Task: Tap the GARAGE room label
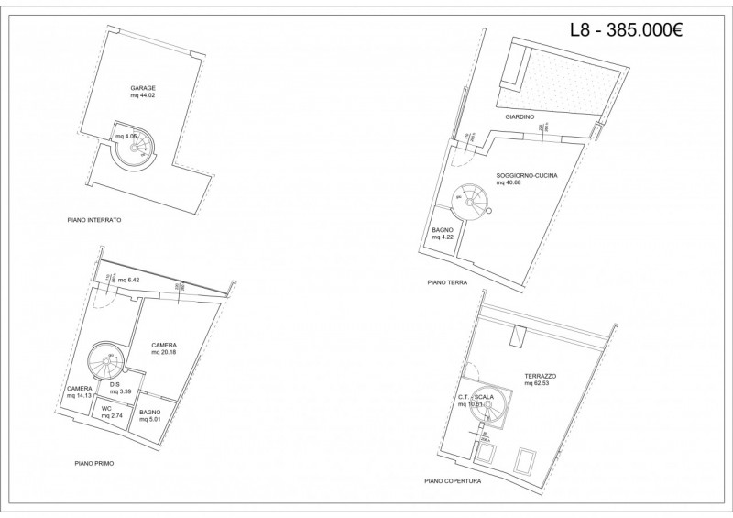[x=143, y=89]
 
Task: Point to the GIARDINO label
[x=520, y=118]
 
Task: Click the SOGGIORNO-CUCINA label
[x=527, y=174]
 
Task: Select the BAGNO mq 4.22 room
[x=443, y=234]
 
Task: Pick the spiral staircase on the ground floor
[x=474, y=199]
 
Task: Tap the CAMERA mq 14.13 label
[x=80, y=392]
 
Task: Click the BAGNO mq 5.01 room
[x=150, y=416]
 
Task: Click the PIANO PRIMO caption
[x=95, y=464]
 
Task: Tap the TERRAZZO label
[x=541, y=377]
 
